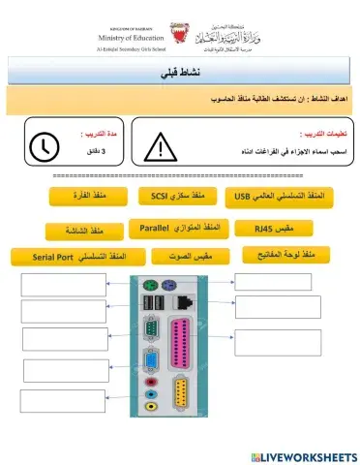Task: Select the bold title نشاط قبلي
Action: tap(179, 74)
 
